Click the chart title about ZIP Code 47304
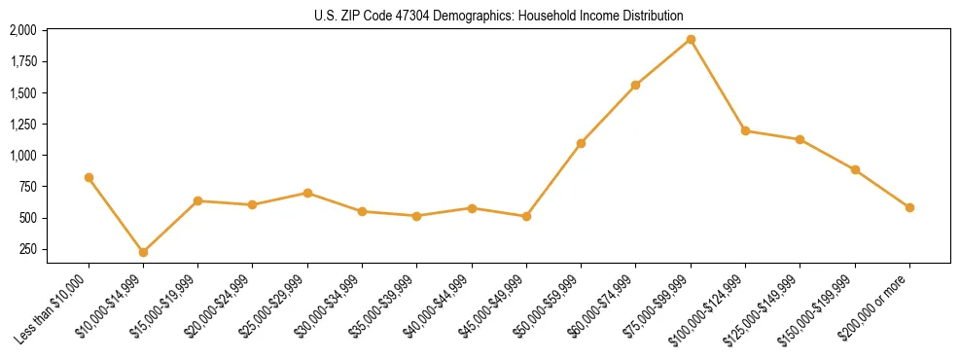[x=499, y=16]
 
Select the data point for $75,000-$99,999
[x=691, y=40]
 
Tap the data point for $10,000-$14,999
[x=143, y=252]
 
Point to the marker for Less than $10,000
[x=89, y=177]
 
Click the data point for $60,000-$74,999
[x=636, y=85]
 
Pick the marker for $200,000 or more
[x=909, y=207]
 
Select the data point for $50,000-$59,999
[x=581, y=143]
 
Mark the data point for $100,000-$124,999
[x=745, y=130]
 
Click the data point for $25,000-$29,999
[x=307, y=193]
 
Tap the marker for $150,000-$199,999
[x=855, y=169]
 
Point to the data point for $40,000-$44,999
[x=472, y=208]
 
